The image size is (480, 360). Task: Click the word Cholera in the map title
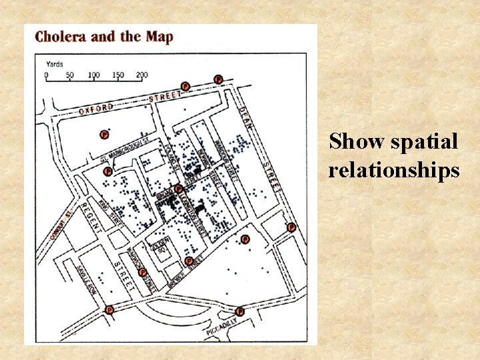[x=60, y=37]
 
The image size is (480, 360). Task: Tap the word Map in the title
[x=159, y=37]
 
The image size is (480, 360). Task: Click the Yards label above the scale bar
[x=55, y=65]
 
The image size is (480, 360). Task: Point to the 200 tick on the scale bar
[x=141, y=75]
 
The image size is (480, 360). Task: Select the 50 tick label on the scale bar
[x=70, y=75]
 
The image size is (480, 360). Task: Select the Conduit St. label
[x=61, y=227]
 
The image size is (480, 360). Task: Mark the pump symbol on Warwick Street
[x=142, y=272]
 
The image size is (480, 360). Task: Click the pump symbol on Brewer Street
[x=189, y=261]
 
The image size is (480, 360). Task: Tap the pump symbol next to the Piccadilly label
[x=240, y=311]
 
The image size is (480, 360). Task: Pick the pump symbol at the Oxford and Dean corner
[x=218, y=79]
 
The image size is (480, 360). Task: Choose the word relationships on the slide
[x=393, y=171]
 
